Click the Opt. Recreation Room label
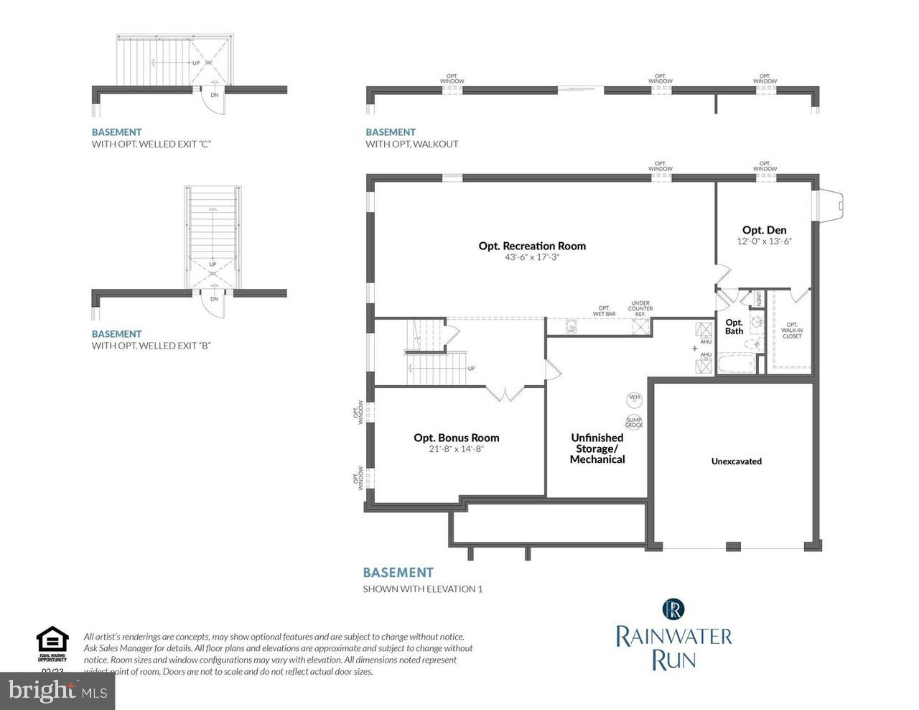532,246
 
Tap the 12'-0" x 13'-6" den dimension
765,241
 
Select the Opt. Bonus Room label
456,438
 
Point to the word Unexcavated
736,461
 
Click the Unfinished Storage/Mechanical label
597,448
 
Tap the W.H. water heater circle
635,397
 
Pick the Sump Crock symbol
634,423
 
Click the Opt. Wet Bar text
604,311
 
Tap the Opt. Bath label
734,327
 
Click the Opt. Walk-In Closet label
792,331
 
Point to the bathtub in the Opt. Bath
737,366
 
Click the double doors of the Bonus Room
506,393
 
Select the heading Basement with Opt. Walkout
411,138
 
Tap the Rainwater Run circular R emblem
673,609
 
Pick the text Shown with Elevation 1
422,589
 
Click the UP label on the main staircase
471,369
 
